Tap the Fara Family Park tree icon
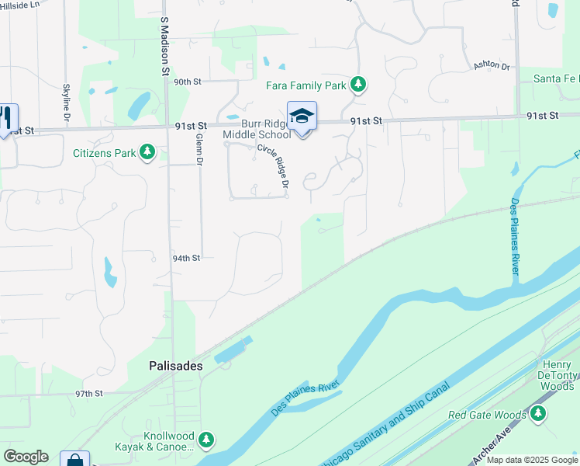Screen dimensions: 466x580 [x=357, y=84]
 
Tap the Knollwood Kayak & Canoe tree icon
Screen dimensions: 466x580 [x=206, y=440]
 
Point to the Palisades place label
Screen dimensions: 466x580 [x=176, y=365]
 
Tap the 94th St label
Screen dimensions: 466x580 [x=186, y=258]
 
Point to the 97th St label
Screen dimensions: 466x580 [x=89, y=394]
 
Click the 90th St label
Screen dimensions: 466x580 [x=187, y=82]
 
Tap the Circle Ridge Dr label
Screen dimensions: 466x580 [x=273, y=167]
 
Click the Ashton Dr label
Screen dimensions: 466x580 [x=492, y=67]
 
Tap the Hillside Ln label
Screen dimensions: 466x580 [x=19, y=5]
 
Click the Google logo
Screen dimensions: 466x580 [x=26, y=457]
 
